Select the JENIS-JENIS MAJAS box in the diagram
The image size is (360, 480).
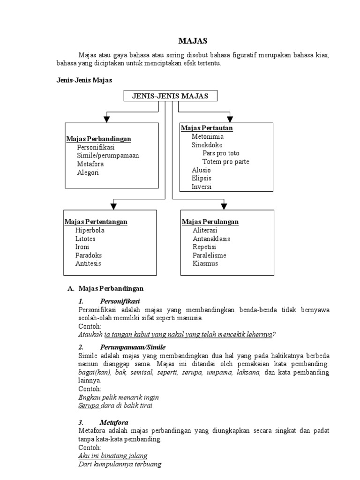click(x=171, y=96)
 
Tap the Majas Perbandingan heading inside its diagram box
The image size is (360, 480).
click(x=98, y=139)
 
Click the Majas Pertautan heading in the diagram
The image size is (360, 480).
click(x=207, y=128)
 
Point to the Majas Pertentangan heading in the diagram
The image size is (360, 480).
click(x=96, y=222)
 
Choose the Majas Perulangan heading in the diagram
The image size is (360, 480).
click(x=210, y=222)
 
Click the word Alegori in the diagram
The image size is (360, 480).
click(x=88, y=172)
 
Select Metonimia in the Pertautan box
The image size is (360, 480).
click(x=208, y=136)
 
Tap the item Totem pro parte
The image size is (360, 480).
click(x=226, y=162)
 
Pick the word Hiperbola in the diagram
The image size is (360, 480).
click(x=90, y=230)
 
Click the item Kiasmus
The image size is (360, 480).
click(x=205, y=263)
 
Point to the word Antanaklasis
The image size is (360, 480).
click(x=211, y=239)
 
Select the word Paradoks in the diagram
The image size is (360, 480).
click(x=89, y=255)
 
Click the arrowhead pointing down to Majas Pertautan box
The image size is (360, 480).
click(x=230, y=119)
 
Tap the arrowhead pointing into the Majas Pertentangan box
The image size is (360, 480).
click(x=112, y=205)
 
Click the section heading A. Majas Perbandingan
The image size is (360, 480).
click(x=106, y=288)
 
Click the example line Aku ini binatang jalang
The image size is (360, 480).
click(x=112, y=456)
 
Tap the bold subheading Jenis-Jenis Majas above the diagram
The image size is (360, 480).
click(x=84, y=81)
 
